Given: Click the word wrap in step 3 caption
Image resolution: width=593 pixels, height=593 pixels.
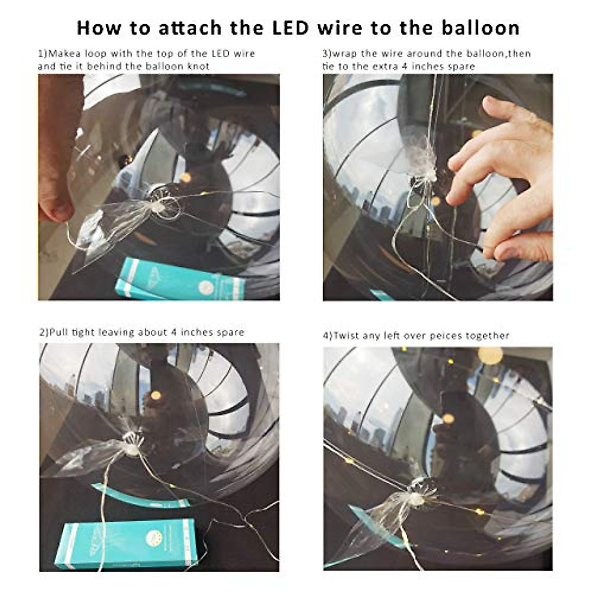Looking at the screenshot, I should click(345, 53).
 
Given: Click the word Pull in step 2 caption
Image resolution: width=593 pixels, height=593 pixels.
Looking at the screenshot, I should click(59, 332).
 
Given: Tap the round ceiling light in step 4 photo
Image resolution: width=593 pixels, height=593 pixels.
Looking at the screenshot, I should click(490, 355).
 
